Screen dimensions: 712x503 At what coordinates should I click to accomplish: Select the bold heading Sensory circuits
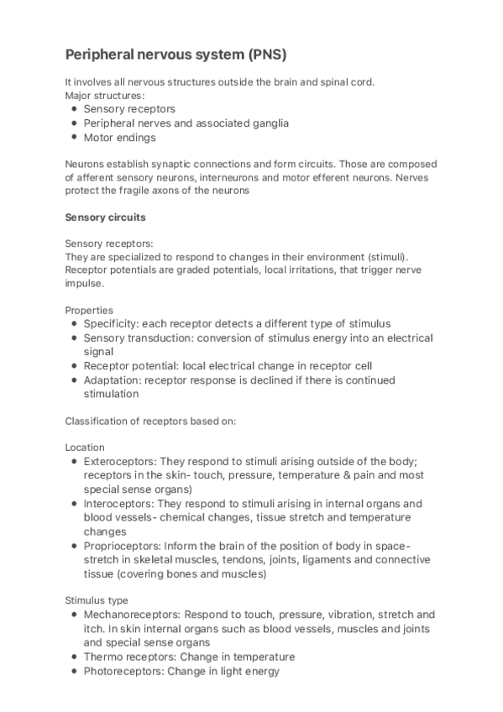[105, 217]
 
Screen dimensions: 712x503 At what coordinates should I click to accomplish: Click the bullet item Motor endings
[119, 138]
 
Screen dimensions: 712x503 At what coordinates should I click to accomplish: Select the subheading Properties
[88, 310]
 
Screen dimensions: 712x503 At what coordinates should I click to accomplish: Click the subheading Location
[85, 448]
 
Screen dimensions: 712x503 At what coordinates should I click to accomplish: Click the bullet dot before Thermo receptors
[74, 657]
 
